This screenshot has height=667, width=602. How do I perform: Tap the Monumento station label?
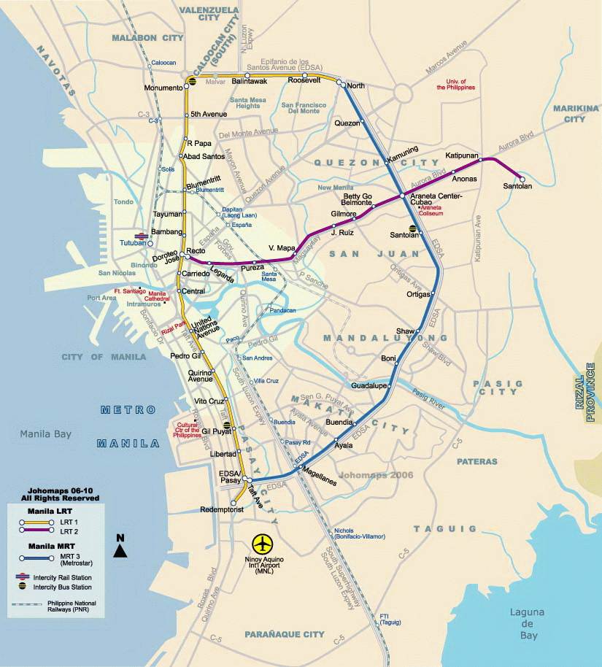pyautogui.click(x=163, y=88)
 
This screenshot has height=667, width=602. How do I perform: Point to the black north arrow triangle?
pyautogui.click(x=121, y=551)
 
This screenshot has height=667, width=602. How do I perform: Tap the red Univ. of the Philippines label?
pyautogui.click(x=456, y=84)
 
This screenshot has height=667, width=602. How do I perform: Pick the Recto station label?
pyautogui.click(x=196, y=251)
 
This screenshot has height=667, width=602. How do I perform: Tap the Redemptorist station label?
pyautogui.click(x=204, y=509)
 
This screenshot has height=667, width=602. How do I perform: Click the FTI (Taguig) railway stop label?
pyautogui.click(x=390, y=619)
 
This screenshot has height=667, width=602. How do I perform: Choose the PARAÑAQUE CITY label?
pyautogui.click(x=284, y=634)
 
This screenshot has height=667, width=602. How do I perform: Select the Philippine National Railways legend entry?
pyautogui.click(x=80, y=606)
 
